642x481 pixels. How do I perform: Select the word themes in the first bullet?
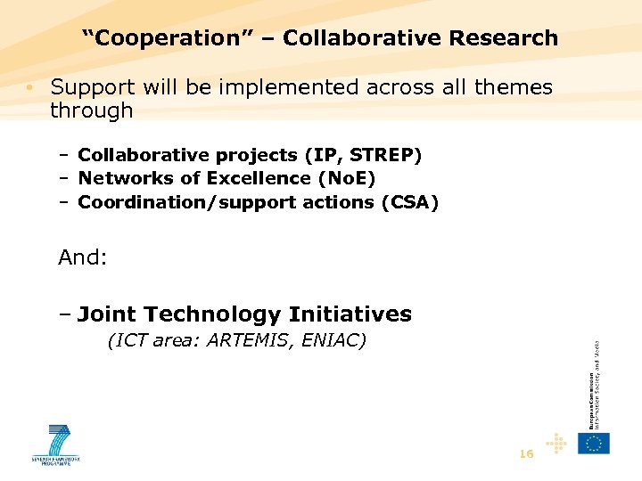(514, 87)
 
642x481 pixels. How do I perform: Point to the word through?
(92, 111)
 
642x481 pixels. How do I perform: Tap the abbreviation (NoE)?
(344, 179)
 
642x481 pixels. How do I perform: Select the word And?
(83, 258)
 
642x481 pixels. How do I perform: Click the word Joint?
(107, 314)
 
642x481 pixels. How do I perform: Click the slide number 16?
(526, 454)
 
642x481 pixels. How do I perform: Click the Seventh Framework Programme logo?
(56, 444)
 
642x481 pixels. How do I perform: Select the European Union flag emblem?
(594, 443)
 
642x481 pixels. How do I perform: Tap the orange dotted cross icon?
(556, 443)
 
